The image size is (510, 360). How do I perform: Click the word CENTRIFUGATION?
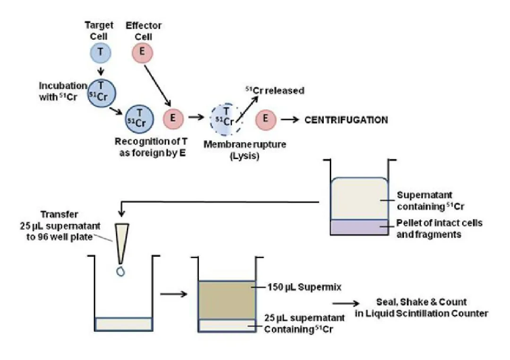point(346,120)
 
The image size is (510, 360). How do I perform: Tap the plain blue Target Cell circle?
point(101,53)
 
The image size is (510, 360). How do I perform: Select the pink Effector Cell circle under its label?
point(142,53)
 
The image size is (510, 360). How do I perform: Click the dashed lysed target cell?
point(226,119)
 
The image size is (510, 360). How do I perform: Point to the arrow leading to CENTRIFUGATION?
point(290,120)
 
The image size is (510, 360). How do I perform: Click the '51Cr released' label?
point(275,90)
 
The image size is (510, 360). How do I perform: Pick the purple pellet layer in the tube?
point(359,227)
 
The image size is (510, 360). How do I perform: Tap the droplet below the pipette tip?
point(121,271)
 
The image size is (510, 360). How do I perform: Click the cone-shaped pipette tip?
point(121,243)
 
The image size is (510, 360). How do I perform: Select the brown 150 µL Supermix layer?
point(227,300)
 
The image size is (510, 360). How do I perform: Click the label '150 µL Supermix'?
point(304,287)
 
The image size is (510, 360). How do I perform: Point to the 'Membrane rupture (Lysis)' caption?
point(245,150)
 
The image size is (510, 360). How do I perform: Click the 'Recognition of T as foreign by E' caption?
point(151,147)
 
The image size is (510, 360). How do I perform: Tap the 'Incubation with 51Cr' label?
point(63,91)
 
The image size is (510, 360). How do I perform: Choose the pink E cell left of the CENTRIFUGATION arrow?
point(266,119)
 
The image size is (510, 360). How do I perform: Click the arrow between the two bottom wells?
point(173,294)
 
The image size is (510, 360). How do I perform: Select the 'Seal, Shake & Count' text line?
point(422,302)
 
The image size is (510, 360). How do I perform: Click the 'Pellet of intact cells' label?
point(439,223)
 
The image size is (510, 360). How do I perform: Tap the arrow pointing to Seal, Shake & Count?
point(346,303)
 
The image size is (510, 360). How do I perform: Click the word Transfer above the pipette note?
point(59,214)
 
